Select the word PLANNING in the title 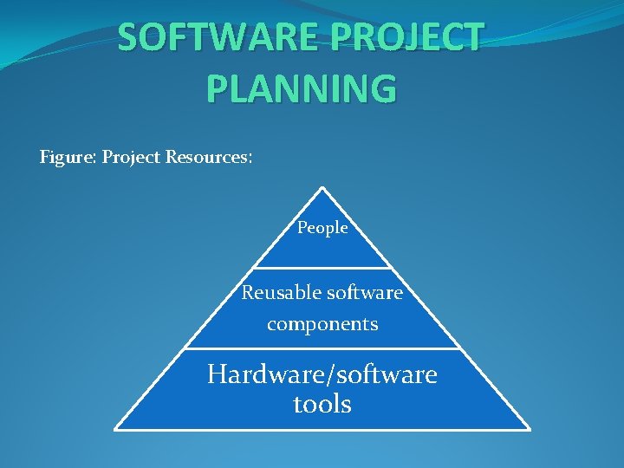click(302, 88)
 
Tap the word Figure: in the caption click(68, 158)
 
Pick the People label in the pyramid click(322, 228)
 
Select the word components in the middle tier click(322, 324)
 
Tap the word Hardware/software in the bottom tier click(322, 374)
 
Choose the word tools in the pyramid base click(322, 404)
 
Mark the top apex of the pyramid click(322, 187)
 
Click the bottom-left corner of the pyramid click(116, 428)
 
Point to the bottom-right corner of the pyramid click(529, 428)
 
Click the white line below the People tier click(322, 267)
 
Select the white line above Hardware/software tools click(322, 348)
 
